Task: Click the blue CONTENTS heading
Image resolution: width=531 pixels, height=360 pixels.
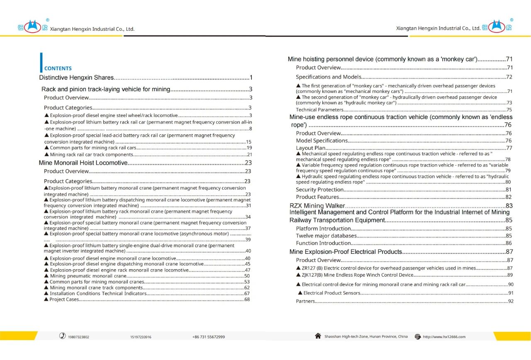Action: [x=58, y=68]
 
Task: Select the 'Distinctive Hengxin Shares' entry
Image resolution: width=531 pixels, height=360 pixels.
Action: [x=76, y=78]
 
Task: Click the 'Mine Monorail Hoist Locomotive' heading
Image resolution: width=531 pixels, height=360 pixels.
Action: [x=83, y=163]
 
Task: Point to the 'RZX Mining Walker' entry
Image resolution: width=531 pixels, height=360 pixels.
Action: [x=317, y=206]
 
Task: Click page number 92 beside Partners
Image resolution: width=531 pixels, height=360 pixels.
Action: [x=511, y=302]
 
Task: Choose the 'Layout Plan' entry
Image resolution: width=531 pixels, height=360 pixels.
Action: [x=311, y=148]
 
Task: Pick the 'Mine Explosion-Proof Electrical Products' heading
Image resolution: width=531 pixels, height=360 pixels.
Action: [x=346, y=252]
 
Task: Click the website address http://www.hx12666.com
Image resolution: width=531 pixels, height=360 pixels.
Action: [x=444, y=337]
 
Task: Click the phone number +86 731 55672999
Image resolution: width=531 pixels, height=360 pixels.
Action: [x=209, y=337]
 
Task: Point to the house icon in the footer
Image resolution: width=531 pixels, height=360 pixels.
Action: [x=318, y=336]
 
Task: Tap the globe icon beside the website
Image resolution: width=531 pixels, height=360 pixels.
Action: [x=418, y=337]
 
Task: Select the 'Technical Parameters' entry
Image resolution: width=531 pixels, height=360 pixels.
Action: [x=319, y=110]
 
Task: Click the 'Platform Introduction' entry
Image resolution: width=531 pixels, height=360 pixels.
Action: [x=324, y=229]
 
